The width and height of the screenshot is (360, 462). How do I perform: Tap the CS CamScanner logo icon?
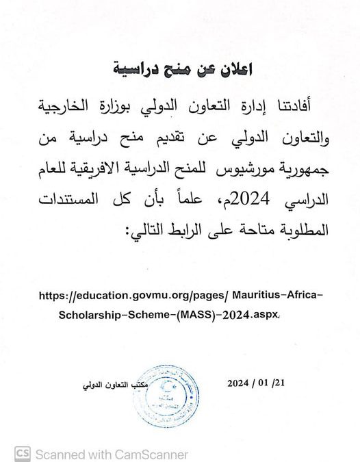[23, 452]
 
